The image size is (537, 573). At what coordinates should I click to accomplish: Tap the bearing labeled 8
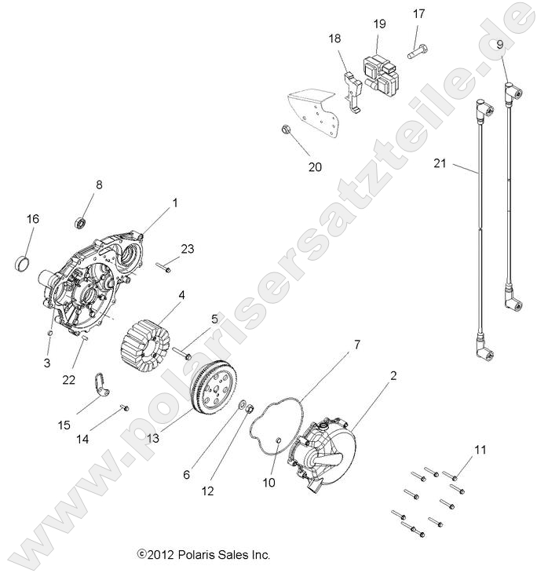81,224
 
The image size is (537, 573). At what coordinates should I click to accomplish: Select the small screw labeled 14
123,407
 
